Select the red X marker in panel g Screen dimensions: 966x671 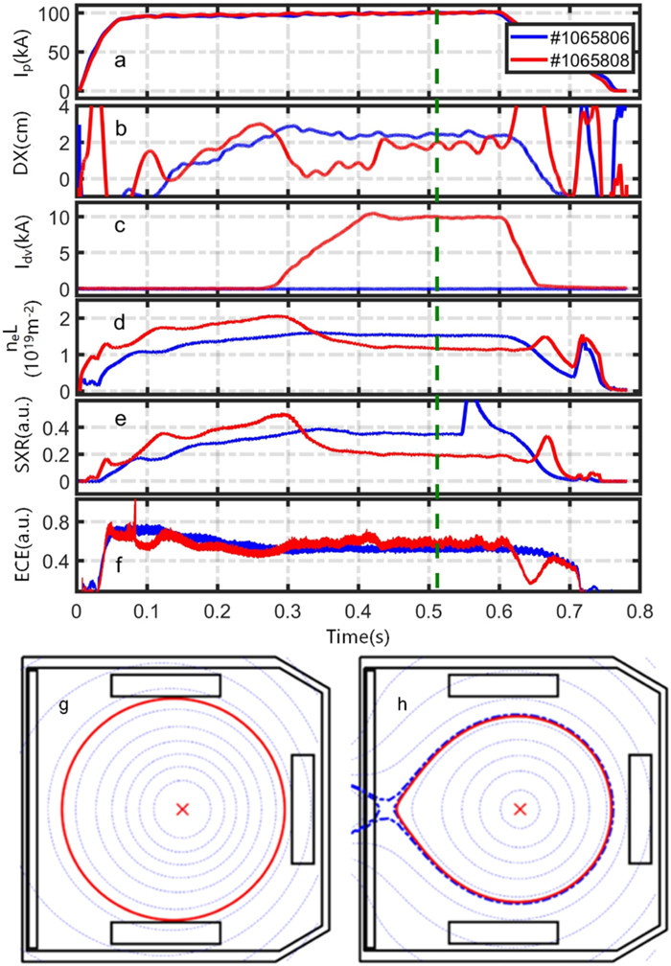[x=183, y=810]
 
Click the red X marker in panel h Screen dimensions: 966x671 [x=521, y=810]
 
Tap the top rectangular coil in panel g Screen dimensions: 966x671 [x=166, y=685]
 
